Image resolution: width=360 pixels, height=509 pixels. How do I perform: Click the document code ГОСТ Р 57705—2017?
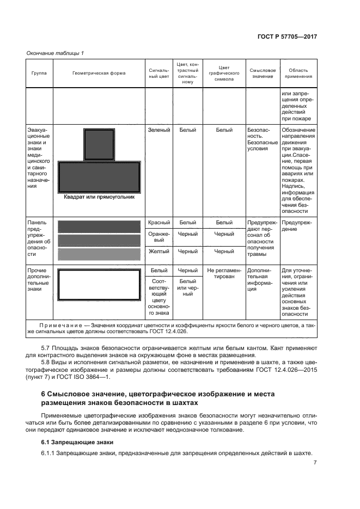287,37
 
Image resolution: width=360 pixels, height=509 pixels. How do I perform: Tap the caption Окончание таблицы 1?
55,53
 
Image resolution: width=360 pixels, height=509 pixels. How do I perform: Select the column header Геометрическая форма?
99,73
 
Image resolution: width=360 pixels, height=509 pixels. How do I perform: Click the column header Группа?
39,73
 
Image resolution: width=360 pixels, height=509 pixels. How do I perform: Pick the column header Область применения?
298,73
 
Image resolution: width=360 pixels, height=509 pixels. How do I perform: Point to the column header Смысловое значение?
263,73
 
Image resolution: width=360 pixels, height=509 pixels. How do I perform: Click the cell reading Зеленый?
159,130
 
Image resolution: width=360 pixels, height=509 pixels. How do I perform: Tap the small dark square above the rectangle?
99,144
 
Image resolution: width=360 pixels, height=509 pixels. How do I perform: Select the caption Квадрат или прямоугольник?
99,198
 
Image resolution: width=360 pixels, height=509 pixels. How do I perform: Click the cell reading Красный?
159,222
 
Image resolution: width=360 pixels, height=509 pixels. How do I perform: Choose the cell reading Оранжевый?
159,237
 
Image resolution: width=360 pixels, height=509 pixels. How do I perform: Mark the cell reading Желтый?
159,252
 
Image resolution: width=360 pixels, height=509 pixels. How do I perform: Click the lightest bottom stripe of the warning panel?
99,254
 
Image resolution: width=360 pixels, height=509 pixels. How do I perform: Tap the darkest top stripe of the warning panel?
99,226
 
